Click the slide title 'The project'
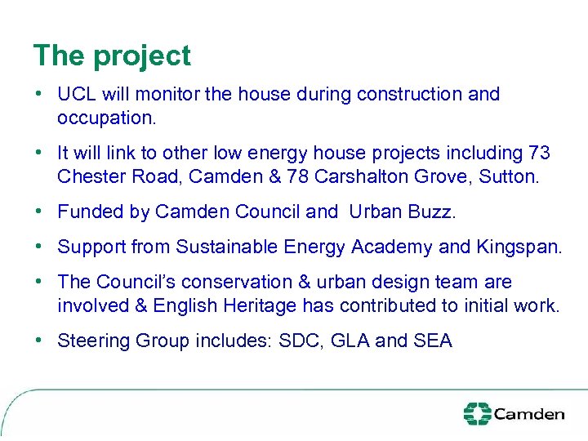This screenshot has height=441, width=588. [112, 56]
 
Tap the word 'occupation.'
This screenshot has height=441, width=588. [106, 118]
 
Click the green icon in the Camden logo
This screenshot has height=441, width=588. [477, 414]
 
